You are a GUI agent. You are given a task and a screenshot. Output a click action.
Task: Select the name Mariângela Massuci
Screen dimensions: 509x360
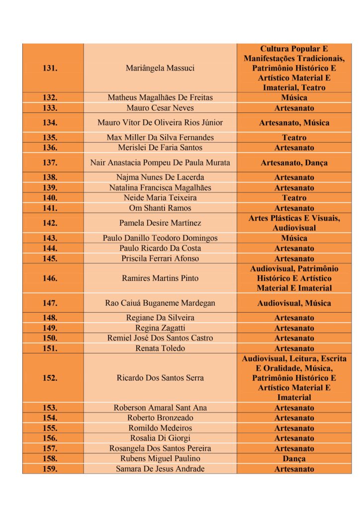[160, 68]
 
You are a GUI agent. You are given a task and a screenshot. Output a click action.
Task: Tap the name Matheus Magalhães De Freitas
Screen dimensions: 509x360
[160, 97]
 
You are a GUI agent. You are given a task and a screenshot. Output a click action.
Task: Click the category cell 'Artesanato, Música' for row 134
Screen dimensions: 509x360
[294, 123]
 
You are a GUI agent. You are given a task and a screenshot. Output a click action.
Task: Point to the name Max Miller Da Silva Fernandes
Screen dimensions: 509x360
[160, 137]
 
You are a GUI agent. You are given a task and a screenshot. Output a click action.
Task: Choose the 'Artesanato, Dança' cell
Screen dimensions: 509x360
[294, 163]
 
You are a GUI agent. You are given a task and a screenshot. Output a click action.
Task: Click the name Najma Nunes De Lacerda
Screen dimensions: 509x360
[160, 177]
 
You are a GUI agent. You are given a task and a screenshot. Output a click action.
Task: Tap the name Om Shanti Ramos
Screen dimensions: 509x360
[160, 208]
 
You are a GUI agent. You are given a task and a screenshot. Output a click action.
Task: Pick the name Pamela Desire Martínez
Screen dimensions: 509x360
[160, 223]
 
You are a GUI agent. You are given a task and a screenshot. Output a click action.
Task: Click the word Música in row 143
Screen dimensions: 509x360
[294, 238]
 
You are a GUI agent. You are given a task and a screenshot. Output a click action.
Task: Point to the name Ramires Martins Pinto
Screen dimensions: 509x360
[160, 278]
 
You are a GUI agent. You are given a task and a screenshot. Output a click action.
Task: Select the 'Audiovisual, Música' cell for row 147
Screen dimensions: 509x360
[294, 303]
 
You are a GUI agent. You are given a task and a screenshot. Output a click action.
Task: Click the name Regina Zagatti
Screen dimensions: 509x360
[160, 328]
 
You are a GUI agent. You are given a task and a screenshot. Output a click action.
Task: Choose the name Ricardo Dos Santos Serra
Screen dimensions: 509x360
[160, 378]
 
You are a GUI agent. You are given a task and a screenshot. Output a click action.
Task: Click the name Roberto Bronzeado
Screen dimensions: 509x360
[160, 418]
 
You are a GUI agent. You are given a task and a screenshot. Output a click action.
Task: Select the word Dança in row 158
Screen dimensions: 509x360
[294, 459]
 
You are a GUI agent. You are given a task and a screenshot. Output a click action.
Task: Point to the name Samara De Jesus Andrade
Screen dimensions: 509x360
[160, 469]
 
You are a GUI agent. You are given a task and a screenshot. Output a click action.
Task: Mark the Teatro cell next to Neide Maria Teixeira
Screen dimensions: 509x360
[294, 198]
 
